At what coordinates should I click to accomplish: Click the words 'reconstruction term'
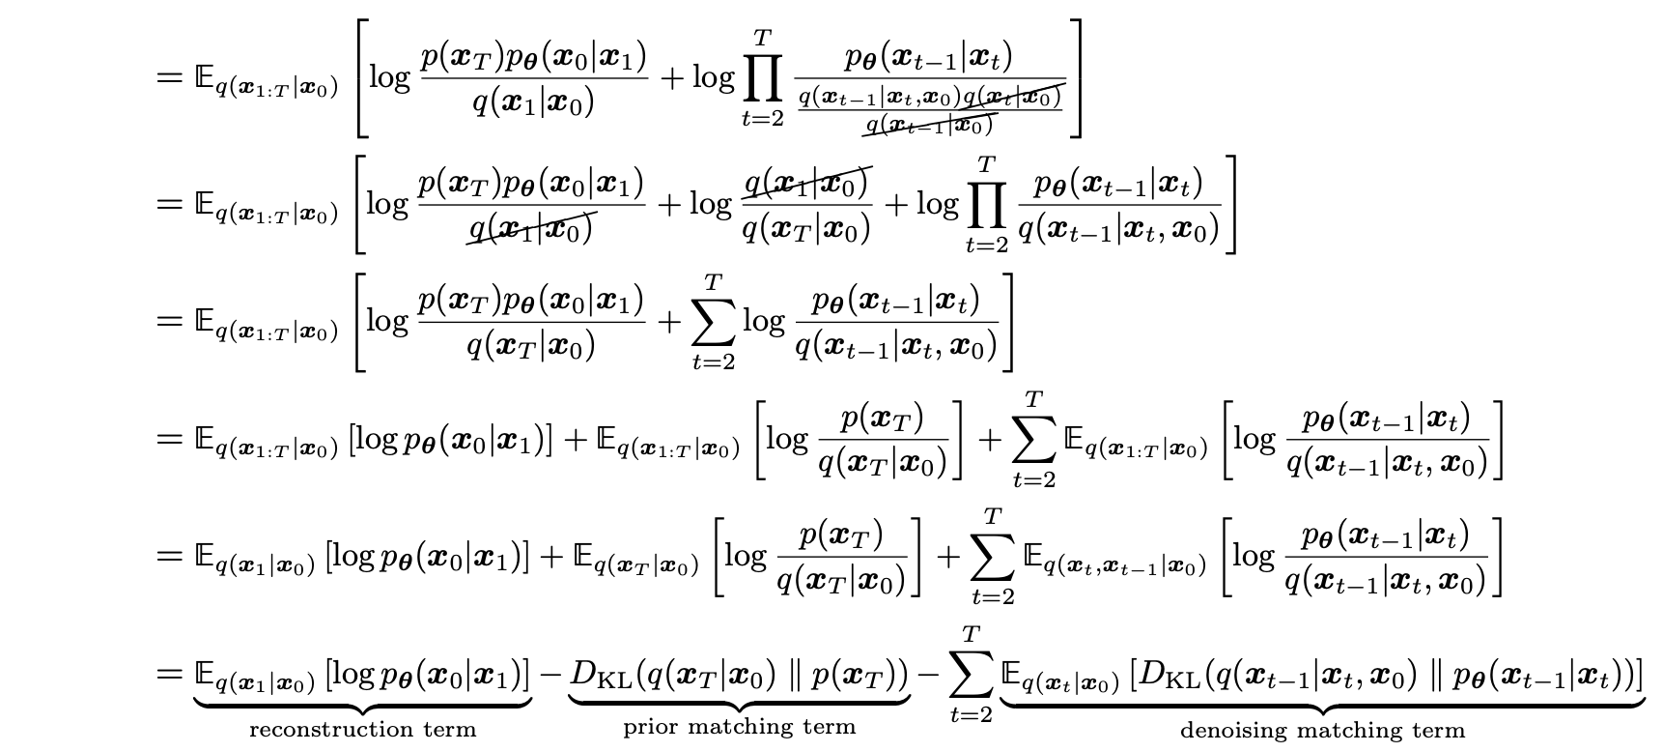click(362, 729)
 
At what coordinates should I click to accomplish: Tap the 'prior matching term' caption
click(739, 726)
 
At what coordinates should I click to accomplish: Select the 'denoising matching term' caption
click(1322, 731)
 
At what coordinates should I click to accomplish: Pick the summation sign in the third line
click(714, 322)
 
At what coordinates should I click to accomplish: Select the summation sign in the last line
click(971, 675)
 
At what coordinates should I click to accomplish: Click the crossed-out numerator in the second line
click(806, 183)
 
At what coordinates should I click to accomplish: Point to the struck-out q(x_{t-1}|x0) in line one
click(929, 125)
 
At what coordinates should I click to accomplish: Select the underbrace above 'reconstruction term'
click(362, 703)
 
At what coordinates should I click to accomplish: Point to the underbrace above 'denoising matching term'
click(1322, 703)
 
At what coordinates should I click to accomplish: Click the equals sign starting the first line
click(168, 77)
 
